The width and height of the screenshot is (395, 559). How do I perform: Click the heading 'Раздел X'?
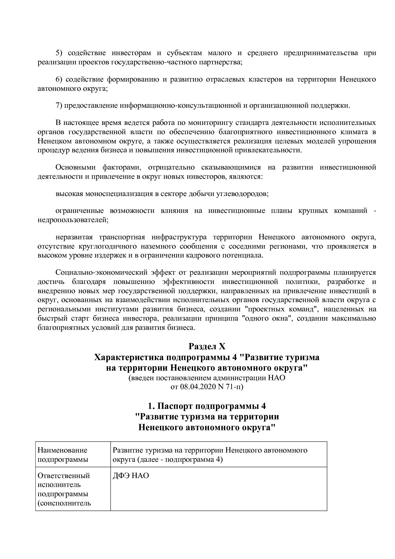pos(207,346)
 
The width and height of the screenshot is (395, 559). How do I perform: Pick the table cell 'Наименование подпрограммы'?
pos(73,454)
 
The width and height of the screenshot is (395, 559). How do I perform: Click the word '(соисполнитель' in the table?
pos(64,503)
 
